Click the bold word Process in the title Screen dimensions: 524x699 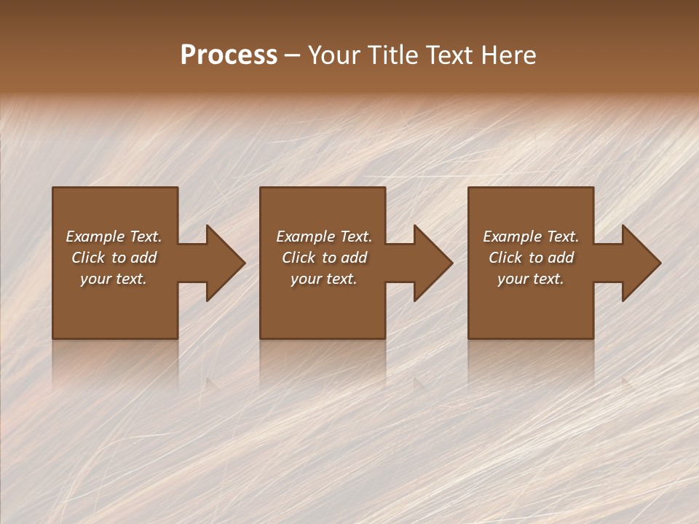pyautogui.click(x=229, y=55)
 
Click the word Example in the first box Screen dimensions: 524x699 pyautogui.click(x=95, y=237)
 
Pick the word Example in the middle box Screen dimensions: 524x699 pyautogui.click(x=306, y=237)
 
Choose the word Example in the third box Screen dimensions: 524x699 pyautogui.click(x=513, y=237)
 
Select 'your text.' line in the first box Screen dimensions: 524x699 pyautogui.click(x=114, y=279)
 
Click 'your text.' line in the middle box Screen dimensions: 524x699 pyautogui.click(x=324, y=279)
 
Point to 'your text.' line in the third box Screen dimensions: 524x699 pyautogui.click(x=531, y=279)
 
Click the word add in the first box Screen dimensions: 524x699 pyautogui.click(x=143, y=258)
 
